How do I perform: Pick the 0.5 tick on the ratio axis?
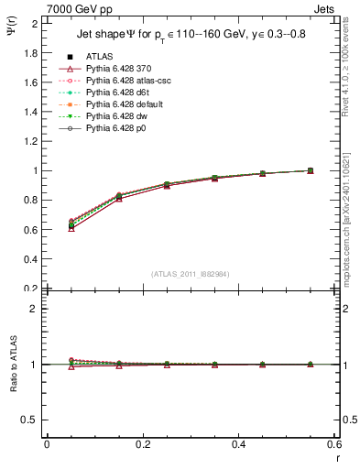(x=31, y=420)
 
